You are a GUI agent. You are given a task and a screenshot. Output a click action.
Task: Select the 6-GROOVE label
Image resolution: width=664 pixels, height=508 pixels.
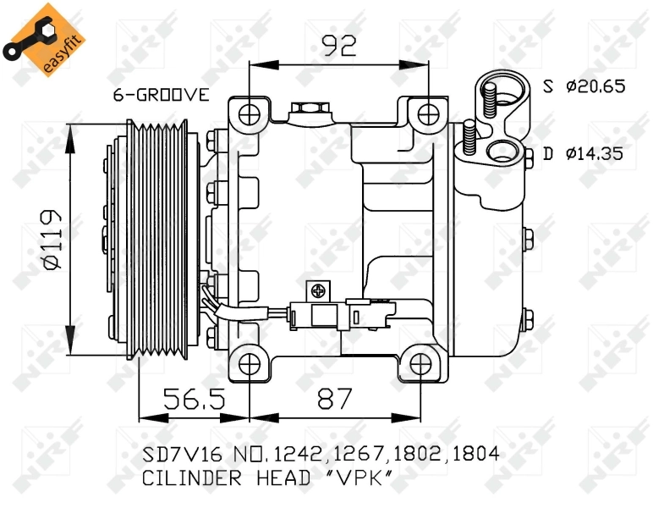161,95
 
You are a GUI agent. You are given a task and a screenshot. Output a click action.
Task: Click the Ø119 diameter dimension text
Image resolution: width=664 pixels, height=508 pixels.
52,240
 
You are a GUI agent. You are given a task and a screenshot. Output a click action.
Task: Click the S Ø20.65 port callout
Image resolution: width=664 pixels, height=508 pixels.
584,86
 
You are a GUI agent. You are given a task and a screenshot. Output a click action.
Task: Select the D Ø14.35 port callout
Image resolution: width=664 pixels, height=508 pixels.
584,153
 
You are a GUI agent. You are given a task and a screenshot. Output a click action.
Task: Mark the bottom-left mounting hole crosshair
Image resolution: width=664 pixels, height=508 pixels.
250,364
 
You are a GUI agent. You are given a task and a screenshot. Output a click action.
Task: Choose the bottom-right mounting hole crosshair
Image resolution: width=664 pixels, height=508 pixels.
420,364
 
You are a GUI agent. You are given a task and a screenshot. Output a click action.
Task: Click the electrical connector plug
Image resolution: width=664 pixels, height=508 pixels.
321,316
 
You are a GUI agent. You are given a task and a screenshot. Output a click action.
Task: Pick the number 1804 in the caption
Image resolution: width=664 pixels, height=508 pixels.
475,455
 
